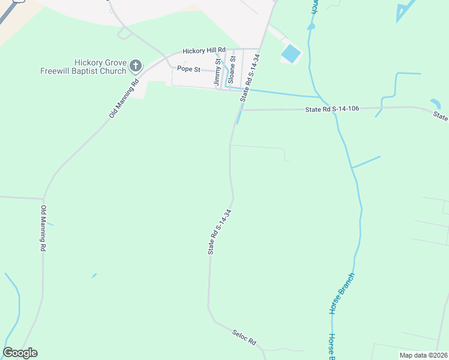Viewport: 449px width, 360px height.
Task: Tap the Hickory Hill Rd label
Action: tap(204, 50)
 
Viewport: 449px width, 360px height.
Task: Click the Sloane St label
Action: tap(231, 70)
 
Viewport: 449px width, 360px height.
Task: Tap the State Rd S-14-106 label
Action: tap(332, 109)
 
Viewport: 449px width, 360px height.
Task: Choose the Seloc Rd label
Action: tap(244, 337)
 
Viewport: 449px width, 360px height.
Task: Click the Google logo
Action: tap(20, 352)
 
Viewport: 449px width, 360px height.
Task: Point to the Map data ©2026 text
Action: tap(423, 355)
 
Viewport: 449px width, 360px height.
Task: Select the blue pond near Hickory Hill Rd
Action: tap(291, 53)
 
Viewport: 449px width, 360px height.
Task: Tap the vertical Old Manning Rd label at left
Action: tap(43, 229)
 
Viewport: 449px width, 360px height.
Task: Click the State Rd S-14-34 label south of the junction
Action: tap(219, 232)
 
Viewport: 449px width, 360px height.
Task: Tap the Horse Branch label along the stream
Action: tap(342, 293)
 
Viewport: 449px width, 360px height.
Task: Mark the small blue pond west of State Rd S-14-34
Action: tap(93, 276)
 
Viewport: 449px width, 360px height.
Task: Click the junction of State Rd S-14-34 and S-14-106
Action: tap(241, 110)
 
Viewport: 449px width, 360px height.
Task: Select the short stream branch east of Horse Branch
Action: tap(366, 162)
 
